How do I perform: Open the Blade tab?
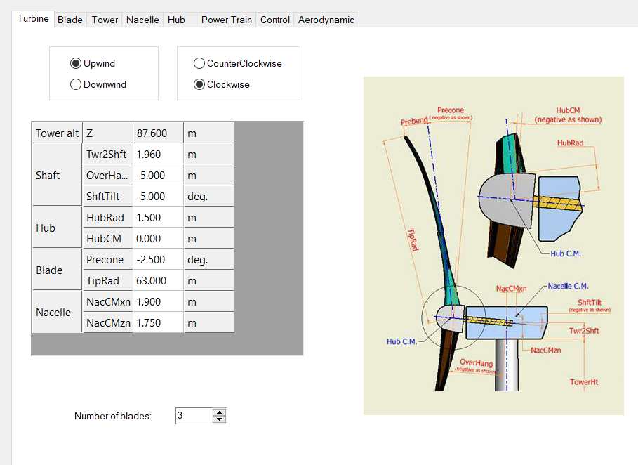click(70, 20)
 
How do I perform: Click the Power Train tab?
click(227, 20)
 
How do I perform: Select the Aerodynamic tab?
click(326, 20)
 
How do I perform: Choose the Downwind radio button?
click(76, 84)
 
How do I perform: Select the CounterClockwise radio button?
click(199, 63)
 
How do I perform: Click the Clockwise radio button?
click(199, 84)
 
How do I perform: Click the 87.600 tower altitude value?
click(158, 133)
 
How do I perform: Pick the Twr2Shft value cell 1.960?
click(158, 155)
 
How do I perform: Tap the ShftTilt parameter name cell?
click(108, 197)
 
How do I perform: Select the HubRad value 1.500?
click(158, 218)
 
